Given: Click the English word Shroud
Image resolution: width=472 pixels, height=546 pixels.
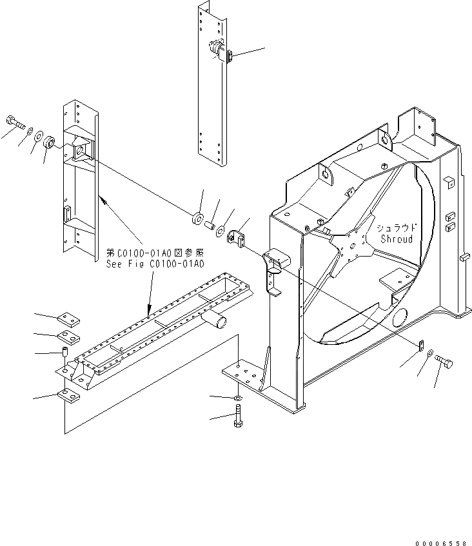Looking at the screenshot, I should [396, 239].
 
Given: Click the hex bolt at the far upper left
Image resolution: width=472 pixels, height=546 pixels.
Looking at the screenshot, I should [15, 121].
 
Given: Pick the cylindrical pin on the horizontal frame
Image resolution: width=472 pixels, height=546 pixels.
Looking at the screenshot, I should [216, 319].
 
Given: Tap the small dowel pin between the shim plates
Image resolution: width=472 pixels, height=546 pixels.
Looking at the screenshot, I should [65, 354].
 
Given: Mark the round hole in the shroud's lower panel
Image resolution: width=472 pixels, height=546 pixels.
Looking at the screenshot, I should [399, 316].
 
